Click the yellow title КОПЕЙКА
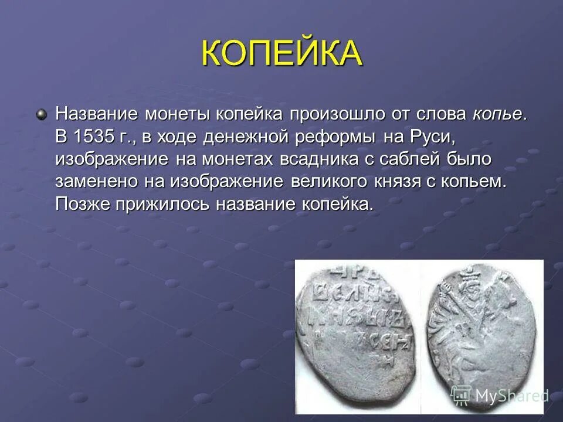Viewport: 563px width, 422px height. pyautogui.click(x=281, y=54)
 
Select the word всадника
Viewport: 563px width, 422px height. pyautogui.click(x=331, y=159)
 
